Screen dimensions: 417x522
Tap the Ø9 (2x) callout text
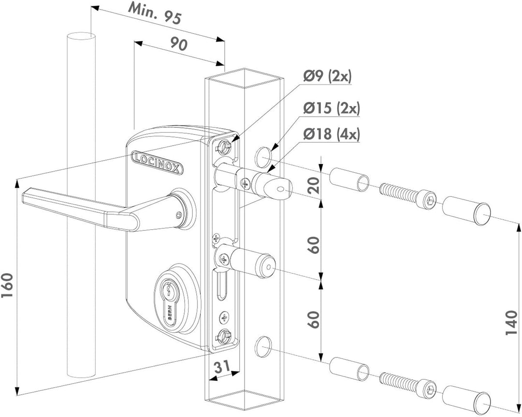tap(327, 76)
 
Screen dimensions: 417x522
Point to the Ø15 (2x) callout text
tap(331, 108)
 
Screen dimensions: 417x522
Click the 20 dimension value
tap(314, 185)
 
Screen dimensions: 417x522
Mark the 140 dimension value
tap(511, 323)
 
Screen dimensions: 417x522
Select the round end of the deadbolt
tap(267, 266)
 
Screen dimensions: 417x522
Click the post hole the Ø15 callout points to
tap(263, 157)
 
